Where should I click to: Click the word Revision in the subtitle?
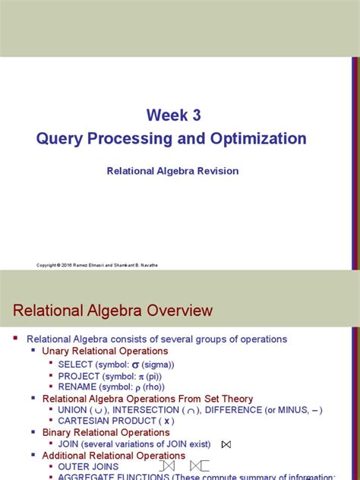(219, 171)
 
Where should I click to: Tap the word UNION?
(73, 410)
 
